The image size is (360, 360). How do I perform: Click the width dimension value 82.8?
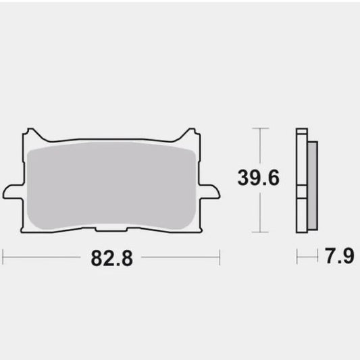111,257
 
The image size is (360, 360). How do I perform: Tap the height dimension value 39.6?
257,178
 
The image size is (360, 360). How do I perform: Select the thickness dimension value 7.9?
337,257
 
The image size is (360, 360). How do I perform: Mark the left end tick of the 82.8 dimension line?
3,257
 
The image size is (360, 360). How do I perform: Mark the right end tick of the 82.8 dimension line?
220,257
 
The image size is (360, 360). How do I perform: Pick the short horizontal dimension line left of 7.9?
307,257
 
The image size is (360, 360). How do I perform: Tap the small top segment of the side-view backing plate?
300,135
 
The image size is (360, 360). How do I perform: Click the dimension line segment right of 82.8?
179,257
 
